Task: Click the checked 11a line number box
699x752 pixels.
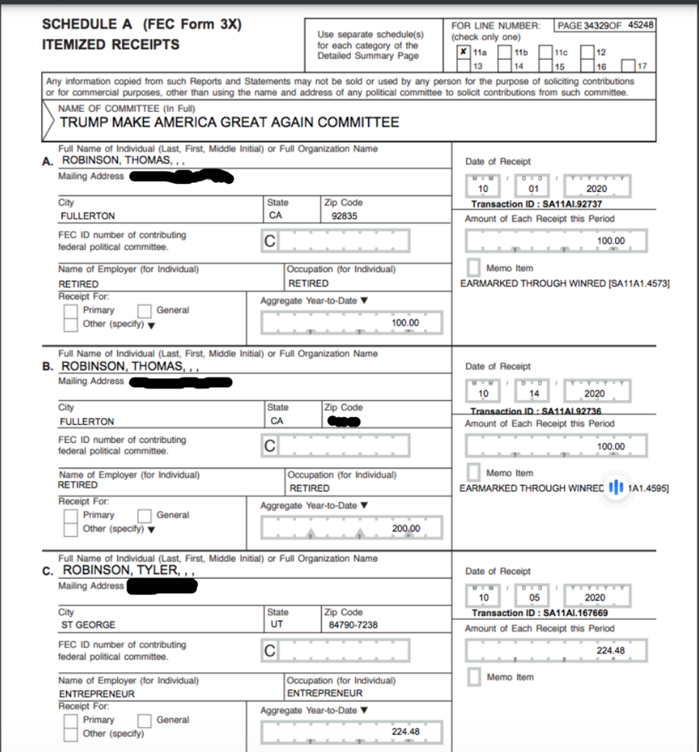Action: [464, 53]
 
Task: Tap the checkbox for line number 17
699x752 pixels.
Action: [628, 66]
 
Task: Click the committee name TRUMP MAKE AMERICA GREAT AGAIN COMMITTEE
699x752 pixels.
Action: [229, 122]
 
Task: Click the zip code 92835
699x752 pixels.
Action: [344, 216]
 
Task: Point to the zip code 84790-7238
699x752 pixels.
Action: [350, 625]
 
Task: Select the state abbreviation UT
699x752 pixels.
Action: [276, 625]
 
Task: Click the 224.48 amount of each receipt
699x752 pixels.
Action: [610, 650]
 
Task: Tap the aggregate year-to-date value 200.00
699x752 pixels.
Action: [405, 528]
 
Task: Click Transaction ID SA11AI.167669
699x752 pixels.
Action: [540, 613]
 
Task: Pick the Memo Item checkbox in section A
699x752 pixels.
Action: [474, 268]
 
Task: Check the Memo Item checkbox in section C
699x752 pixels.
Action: [474, 677]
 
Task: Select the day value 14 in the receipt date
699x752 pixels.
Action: [534, 394]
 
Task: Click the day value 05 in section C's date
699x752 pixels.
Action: [534, 598]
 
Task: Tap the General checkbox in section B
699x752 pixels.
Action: [144, 515]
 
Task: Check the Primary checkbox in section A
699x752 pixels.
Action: [71, 311]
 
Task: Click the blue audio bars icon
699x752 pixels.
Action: [617, 488]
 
